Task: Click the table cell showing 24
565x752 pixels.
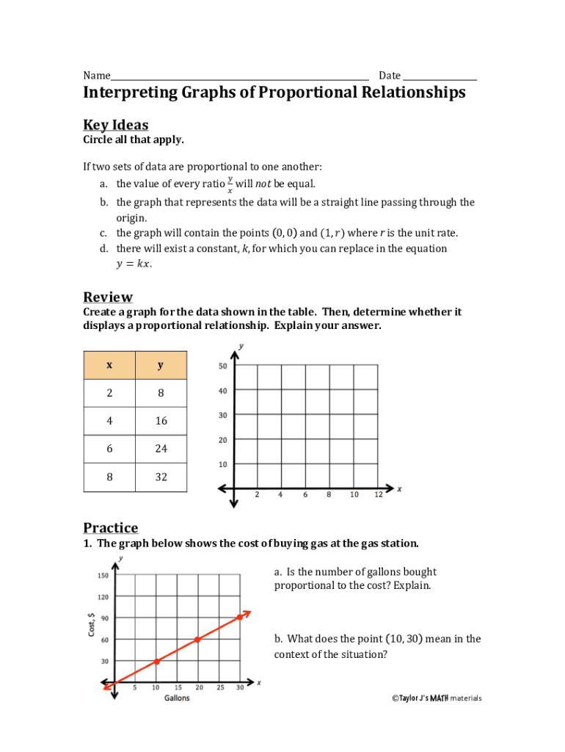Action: click(x=161, y=449)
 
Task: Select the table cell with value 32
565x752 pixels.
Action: click(x=161, y=477)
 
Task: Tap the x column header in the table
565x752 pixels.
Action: click(x=109, y=365)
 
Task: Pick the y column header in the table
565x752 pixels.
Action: click(x=161, y=365)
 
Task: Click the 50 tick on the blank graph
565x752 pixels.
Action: click(x=223, y=366)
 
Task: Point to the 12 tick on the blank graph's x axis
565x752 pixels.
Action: click(x=378, y=495)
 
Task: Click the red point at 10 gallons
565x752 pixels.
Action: click(x=156, y=662)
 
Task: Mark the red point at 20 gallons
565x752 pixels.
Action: click(x=197, y=640)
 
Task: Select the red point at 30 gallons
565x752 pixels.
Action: click(x=239, y=617)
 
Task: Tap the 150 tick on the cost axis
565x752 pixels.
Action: click(x=103, y=576)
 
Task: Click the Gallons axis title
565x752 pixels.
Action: click(x=176, y=698)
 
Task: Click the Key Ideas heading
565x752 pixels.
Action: click(x=115, y=125)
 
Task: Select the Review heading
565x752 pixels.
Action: click(x=108, y=297)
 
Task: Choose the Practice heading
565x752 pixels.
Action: click(x=110, y=528)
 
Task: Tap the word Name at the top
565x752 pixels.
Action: click(x=96, y=76)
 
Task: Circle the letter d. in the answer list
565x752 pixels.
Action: click(x=104, y=248)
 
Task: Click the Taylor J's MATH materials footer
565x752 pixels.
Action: click(x=437, y=698)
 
